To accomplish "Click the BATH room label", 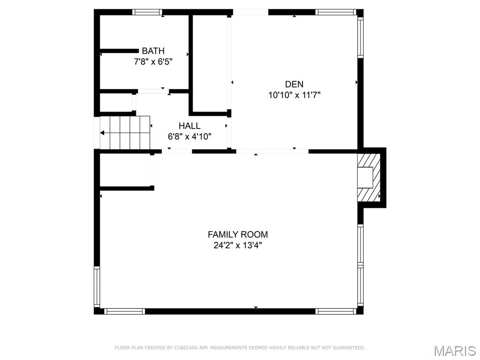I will click(x=153, y=51).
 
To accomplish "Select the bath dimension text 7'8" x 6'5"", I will click(x=153, y=61).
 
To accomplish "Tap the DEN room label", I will click(x=294, y=84).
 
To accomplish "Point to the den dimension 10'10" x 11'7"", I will click(x=294, y=95).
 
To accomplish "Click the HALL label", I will click(x=189, y=126).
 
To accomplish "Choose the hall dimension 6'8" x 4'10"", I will click(x=189, y=136).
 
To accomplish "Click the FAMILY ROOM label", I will click(x=238, y=234).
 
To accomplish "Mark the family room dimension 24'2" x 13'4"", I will click(x=238, y=245).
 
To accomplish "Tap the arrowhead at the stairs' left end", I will click(x=103, y=133).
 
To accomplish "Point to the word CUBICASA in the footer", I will click(x=185, y=348).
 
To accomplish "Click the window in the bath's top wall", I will click(x=147, y=12).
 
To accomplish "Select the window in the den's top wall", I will click(x=336, y=12).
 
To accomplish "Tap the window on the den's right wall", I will click(x=360, y=37).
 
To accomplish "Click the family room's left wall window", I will click(x=97, y=286).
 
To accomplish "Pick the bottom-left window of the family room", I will click(x=124, y=311).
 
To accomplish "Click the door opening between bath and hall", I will click(x=153, y=91).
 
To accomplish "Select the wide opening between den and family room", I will click(x=272, y=151).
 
